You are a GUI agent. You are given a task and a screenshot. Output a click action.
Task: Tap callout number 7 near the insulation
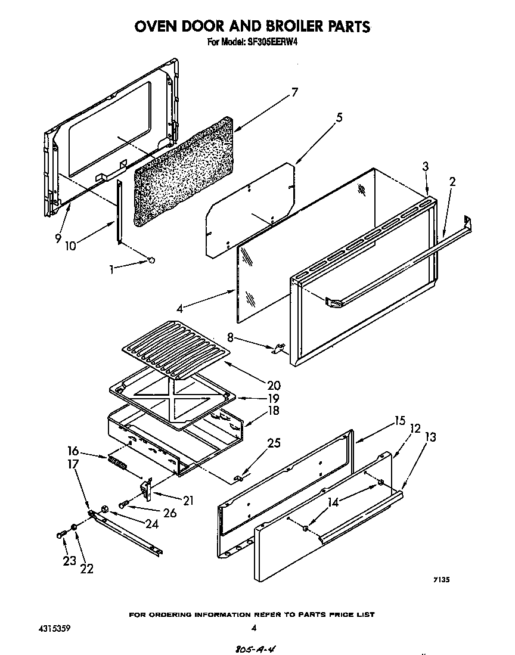[294, 92]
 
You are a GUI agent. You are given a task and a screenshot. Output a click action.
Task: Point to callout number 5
[339, 117]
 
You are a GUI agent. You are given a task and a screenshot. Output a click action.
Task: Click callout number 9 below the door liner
[58, 238]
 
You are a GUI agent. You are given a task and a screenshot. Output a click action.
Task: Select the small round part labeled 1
[151, 260]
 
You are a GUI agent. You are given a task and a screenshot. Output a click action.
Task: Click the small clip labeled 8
[277, 349]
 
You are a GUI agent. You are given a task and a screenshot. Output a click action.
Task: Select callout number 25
[274, 443]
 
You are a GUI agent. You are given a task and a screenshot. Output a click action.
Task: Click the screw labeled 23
[61, 535]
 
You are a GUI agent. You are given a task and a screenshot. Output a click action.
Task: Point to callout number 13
[430, 437]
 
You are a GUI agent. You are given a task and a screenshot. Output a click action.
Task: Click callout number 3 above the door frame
[426, 167]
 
